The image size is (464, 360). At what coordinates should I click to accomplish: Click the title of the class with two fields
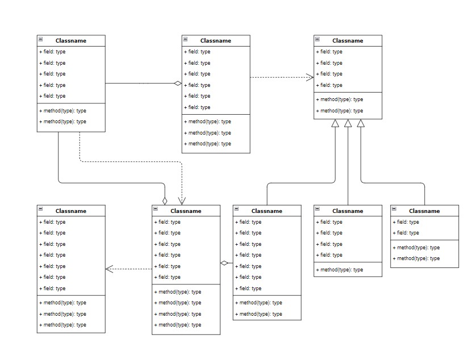point(424,211)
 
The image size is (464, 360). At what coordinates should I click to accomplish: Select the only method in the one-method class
point(342,270)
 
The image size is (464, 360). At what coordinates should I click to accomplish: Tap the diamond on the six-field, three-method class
point(178,83)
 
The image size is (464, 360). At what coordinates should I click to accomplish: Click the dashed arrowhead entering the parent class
point(310,77)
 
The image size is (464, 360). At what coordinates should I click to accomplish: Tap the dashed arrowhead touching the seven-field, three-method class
point(110,269)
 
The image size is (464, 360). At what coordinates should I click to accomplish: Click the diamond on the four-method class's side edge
point(224,263)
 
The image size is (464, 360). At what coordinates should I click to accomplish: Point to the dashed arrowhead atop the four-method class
point(182,201)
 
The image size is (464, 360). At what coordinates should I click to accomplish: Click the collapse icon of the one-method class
point(317,210)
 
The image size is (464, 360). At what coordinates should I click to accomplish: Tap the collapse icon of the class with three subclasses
point(317,40)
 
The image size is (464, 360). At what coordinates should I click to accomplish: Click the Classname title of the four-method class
point(186,211)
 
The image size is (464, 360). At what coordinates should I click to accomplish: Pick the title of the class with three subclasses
point(348,40)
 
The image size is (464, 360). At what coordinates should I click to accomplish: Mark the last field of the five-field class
point(52,96)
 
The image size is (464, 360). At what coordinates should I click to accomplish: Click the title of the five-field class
point(71,40)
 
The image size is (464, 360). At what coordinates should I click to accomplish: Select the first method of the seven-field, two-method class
point(260,303)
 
